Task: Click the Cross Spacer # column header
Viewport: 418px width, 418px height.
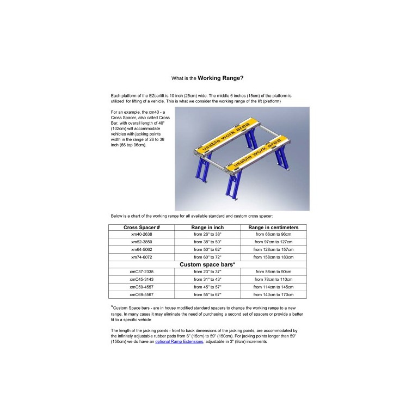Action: [142, 228]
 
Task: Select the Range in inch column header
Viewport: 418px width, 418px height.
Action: [207, 228]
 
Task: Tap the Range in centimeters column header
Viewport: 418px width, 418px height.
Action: [273, 228]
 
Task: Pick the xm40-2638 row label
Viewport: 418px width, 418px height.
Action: [142, 234]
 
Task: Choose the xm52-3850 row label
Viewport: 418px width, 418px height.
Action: [142, 242]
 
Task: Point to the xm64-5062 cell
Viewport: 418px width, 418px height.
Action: [142, 249]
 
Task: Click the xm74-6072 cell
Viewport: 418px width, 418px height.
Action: [142, 257]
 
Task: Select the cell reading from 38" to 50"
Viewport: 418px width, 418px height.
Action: [207, 242]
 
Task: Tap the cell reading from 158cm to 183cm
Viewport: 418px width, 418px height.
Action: [273, 257]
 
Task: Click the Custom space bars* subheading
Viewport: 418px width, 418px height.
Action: [207, 264]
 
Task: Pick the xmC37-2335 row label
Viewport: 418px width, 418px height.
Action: [142, 272]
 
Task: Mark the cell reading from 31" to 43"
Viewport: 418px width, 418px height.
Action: [207, 279]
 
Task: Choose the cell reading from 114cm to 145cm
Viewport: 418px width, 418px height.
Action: [273, 287]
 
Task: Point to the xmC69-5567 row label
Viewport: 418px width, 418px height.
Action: [142, 294]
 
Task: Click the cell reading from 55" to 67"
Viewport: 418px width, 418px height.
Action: [207, 294]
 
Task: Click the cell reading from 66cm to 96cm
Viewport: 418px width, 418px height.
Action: [273, 234]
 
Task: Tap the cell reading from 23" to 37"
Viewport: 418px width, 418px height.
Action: [207, 272]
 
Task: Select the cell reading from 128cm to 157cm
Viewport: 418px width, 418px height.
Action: [273, 249]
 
